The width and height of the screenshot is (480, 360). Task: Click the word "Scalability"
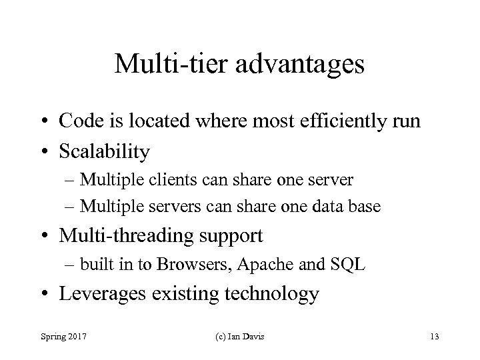click(105, 151)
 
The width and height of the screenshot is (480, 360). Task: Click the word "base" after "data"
click(365, 207)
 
